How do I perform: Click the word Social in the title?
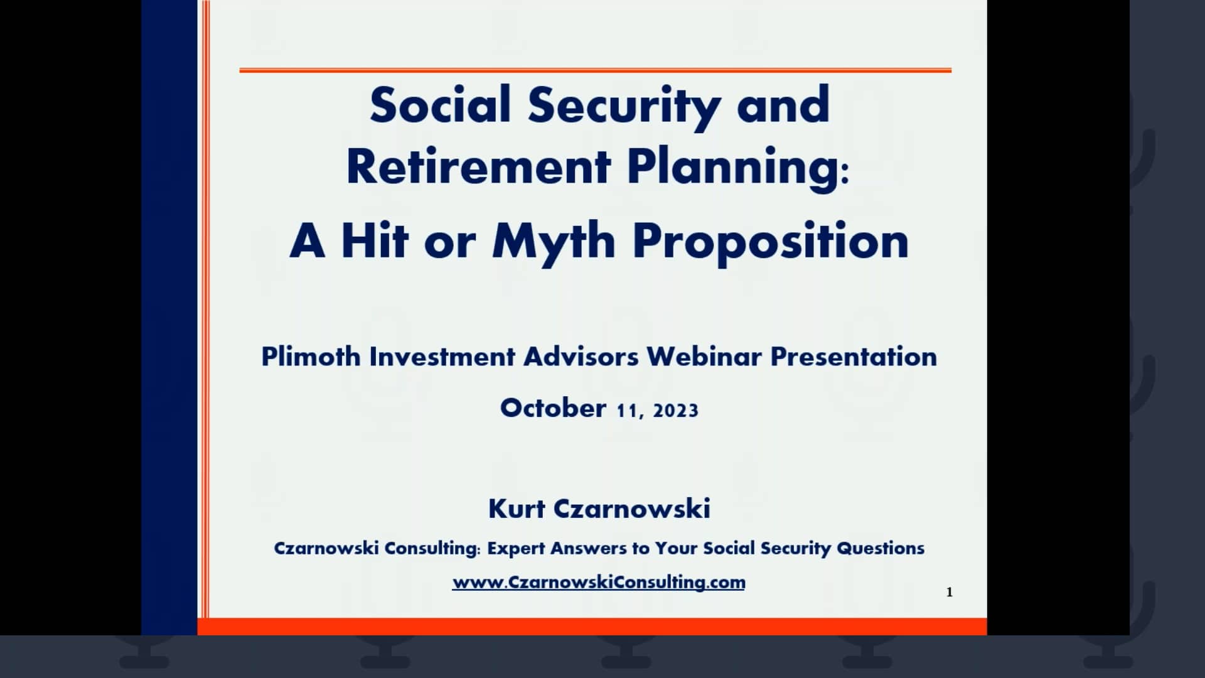(x=439, y=105)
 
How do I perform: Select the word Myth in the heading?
(x=553, y=241)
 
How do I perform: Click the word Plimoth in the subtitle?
(x=311, y=357)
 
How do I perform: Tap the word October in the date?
(x=553, y=408)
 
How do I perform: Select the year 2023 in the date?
(x=675, y=411)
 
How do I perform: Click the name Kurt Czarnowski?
(x=599, y=508)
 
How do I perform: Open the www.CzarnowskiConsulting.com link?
(x=599, y=582)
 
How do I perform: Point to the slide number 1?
(x=949, y=592)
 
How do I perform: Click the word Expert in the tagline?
(x=516, y=549)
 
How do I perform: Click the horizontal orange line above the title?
(x=595, y=70)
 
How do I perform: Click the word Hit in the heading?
(x=375, y=241)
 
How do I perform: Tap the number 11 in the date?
(x=627, y=411)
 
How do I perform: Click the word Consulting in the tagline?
(x=431, y=549)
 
